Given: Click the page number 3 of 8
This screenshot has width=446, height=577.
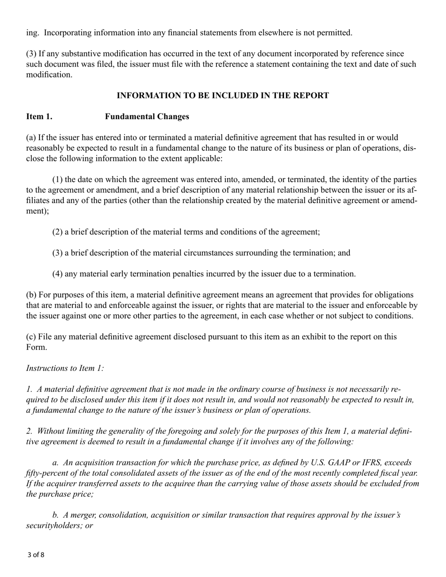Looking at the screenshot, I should click(x=36, y=555).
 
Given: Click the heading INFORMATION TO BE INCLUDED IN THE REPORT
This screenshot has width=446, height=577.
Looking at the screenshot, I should click(x=223, y=96).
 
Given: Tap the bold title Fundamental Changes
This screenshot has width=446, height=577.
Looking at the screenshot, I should click(x=147, y=117).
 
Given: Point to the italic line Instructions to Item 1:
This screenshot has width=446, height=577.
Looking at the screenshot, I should click(x=65, y=368).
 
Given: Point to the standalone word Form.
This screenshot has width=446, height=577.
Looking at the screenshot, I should click(x=36, y=347).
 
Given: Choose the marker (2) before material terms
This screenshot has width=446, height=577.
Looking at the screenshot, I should click(x=57, y=232).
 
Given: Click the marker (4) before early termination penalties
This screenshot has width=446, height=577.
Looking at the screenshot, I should click(x=57, y=274).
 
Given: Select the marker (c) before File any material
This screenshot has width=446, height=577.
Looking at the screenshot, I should click(x=31, y=337).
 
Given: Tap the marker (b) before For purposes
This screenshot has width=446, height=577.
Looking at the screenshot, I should click(x=31, y=295).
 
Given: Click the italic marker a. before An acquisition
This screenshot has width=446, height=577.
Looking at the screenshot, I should click(x=55, y=463).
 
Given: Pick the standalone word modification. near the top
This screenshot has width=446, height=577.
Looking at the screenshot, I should click(x=49, y=75).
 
